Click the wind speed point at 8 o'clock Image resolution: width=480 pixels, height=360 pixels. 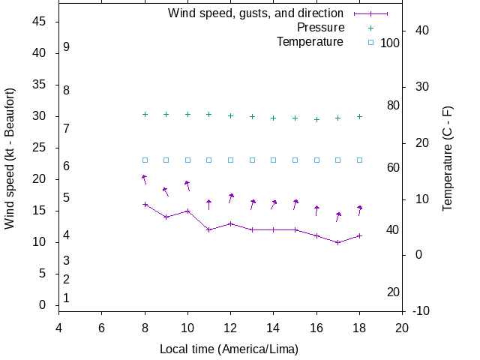point(145,204)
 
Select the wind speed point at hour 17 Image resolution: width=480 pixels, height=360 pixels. point(338,242)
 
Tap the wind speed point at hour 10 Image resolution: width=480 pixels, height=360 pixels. point(187,211)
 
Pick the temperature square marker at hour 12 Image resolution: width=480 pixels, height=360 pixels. point(231,160)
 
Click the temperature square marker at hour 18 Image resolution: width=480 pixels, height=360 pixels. point(360,160)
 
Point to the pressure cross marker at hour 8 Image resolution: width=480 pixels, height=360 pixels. point(145,114)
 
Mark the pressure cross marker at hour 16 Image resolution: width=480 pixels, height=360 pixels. point(316,119)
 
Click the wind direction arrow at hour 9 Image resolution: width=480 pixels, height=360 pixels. point(166,192)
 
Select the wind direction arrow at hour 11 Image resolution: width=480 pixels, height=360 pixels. point(209,204)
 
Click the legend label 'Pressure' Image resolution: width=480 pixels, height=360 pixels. point(320,28)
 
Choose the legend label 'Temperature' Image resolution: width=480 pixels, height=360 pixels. point(310,42)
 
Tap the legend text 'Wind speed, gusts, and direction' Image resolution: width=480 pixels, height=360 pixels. point(255,13)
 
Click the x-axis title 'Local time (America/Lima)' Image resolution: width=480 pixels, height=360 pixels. point(229,349)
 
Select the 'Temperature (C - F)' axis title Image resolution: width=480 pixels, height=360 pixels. point(448,157)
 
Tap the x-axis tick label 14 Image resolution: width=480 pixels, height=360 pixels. point(274,328)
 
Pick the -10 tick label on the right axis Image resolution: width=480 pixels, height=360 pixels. point(421,311)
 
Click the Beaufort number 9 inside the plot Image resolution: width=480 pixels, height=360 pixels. point(67,47)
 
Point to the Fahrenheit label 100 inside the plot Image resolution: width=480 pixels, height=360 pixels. point(390,43)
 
